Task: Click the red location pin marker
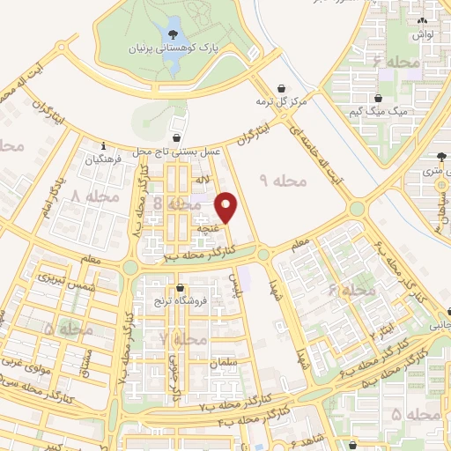pos(227,208)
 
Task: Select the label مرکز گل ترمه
pos(281,101)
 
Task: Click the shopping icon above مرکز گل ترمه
pos(281,88)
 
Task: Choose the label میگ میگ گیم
pos(380,111)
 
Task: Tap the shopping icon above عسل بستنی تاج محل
pos(179,137)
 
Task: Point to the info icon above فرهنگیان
pos(104,146)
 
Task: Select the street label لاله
pos(202,180)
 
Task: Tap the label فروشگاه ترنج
pos(180,302)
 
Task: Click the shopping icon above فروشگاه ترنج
pos(181,288)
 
